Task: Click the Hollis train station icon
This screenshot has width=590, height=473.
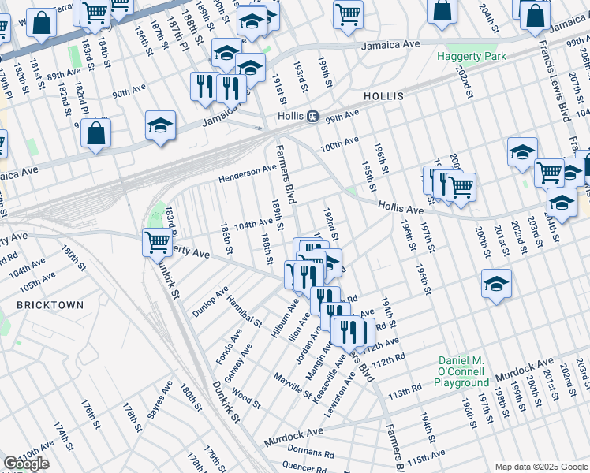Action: click(312, 116)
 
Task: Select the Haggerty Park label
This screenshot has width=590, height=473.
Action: click(472, 57)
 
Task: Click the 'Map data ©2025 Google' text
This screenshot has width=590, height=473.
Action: click(540, 467)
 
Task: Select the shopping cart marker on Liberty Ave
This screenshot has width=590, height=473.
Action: click(157, 242)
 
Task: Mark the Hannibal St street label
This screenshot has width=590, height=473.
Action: click(244, 311)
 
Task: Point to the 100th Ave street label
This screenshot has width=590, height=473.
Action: click(339, 146)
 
